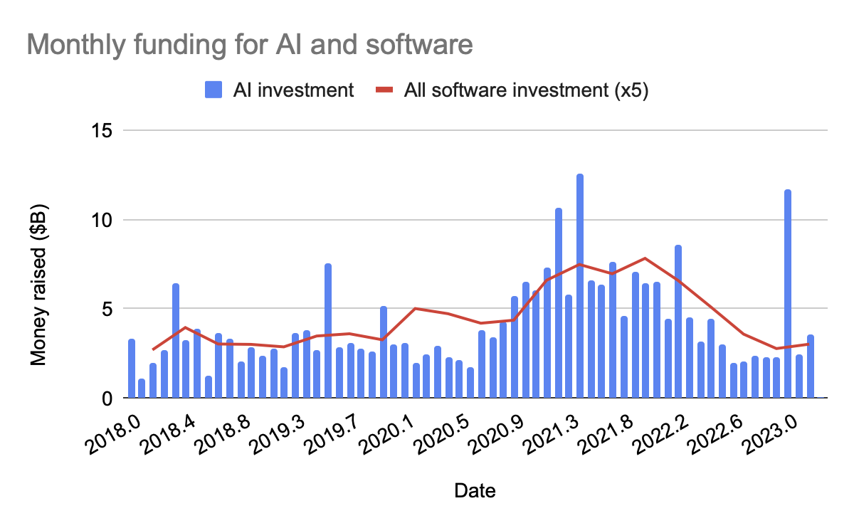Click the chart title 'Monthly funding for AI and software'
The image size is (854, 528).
coord(249,45)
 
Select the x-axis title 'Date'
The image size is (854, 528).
coord(475,490)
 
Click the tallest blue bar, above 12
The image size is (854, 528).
coord(580,285)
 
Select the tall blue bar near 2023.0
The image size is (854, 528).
coord(788,292)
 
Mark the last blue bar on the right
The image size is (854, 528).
coord(810,366)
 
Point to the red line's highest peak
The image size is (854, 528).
coord(645,258)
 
